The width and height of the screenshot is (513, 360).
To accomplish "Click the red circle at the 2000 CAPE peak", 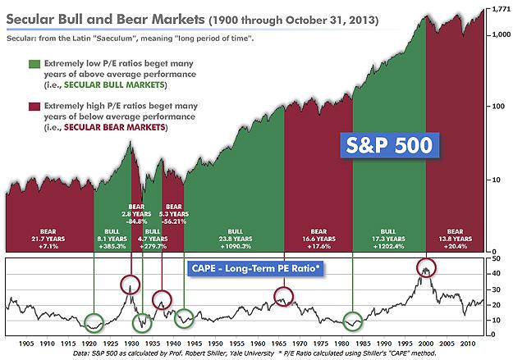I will (x=425, y=268).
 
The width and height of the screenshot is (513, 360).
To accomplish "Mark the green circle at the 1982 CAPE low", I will (x=353, y=321).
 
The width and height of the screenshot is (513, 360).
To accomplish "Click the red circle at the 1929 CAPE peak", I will (x=131, y=285).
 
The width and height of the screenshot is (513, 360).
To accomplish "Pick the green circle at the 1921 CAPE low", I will (x=94, y=321).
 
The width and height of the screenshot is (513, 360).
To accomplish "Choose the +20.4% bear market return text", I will (x=460, y=244).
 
